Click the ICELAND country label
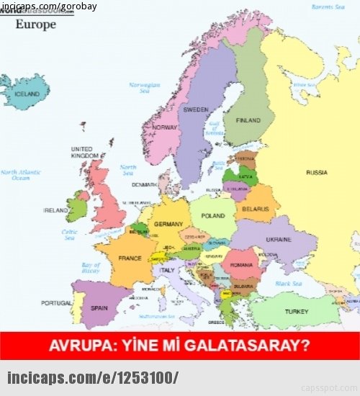[27, 94]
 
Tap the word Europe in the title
[35, 24]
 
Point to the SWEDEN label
[196, 110]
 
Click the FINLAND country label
[248, 120]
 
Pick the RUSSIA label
[316, 173]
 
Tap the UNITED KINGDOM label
[85, 152]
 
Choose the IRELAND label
[55, 211]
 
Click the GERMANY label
[168, 224]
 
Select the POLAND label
[213, 216]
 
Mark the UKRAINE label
[279, 239]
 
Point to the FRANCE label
[130, 258]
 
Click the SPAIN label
[99, 308]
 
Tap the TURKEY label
[296, 312]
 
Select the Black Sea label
[288, 284]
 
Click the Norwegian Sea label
[144, 88]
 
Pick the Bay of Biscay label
[91, 268]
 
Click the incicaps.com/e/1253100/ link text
[92, 377]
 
